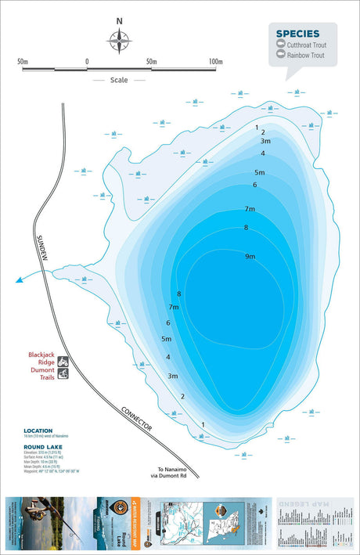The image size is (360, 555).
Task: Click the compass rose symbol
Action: pos(119,40)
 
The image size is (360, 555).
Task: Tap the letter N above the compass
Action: pos(119,22)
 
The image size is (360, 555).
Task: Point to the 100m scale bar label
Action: pos(217,61)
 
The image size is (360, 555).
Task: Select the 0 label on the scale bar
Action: pos(87,61)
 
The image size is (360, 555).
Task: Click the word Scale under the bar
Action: pos(119,80)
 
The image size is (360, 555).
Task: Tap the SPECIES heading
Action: pos(297,34)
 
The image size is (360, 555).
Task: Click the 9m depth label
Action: pos(250,257)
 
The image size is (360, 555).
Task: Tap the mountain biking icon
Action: pos(63,362)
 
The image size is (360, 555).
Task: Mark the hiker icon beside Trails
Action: pos(63,375)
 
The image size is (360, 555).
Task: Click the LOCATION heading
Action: pos(38,431)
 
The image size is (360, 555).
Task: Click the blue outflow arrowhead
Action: pos(18,278)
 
